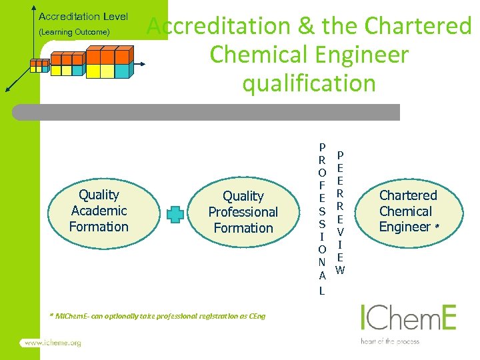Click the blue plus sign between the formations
[x=175, y=214]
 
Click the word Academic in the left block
[x=99, y=211]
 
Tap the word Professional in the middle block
[x=243, y=212]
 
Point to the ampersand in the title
[x=306, y=26]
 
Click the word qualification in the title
[x=309, y=83]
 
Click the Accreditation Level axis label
[x=83, y=17]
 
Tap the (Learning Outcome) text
[x=74, y=32]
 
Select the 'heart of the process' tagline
[x=390, y=341]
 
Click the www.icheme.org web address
[x=53, y=343]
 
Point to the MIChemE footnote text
[x=157, y=316]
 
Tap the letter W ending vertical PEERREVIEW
[x=340, y=270]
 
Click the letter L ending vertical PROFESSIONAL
[x=321, y=291]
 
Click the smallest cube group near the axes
[x=40, y=65]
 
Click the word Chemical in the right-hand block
[x=405, y=211]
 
